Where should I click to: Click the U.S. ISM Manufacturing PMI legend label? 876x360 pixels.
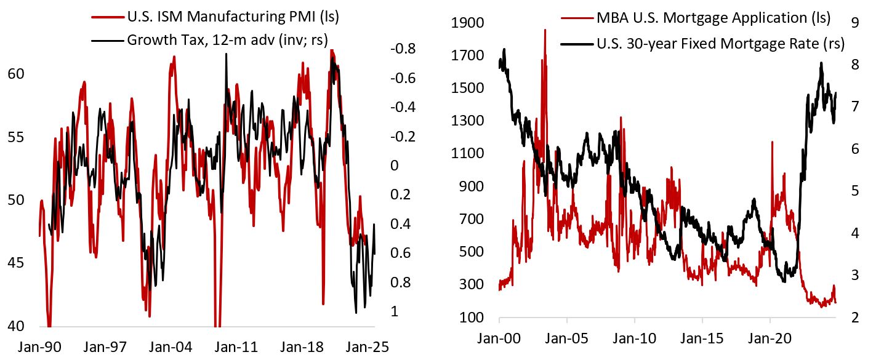[x=233, y=18]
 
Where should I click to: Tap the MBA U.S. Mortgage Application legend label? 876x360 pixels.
[x=713, y=18]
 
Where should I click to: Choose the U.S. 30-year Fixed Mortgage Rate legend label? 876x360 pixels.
[x=720, y=44]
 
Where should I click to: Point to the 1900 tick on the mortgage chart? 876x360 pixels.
[x=468, y=23]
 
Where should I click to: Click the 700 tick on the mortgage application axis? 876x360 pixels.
[x=472, y=219]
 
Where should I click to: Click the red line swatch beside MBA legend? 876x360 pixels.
[x=576, y=18]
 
